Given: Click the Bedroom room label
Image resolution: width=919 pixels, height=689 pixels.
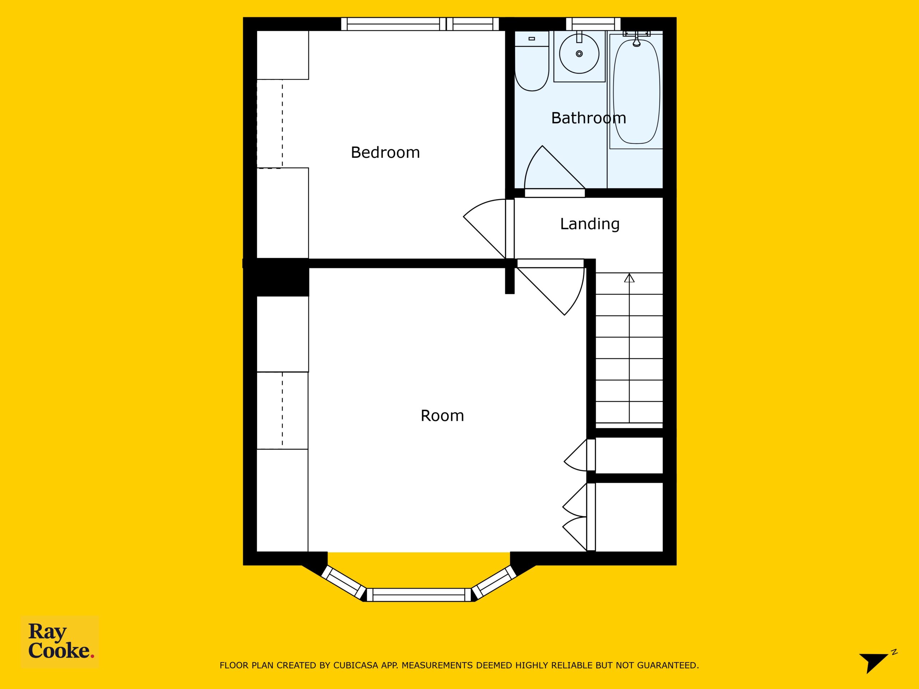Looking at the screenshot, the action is (385, 153).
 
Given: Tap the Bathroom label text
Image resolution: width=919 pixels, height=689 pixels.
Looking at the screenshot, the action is (588, 118).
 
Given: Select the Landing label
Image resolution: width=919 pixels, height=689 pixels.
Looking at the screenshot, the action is (589, 224).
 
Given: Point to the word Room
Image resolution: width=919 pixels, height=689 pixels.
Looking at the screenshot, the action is (442, 416).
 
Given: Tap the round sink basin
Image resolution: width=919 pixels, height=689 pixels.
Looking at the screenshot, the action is (579, 53).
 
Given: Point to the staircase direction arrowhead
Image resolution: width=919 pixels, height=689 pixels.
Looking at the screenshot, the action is (629, 278).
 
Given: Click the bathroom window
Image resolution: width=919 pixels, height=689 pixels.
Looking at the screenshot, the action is (593, 24).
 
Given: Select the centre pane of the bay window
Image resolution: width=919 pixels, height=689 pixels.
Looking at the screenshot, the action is (419, 595).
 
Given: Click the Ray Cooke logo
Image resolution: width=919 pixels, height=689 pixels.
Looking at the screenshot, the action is (60, 642).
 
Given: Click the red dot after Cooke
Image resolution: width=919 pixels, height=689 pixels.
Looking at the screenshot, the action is (92, 656).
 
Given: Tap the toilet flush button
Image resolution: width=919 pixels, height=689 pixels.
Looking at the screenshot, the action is (532, 39).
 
